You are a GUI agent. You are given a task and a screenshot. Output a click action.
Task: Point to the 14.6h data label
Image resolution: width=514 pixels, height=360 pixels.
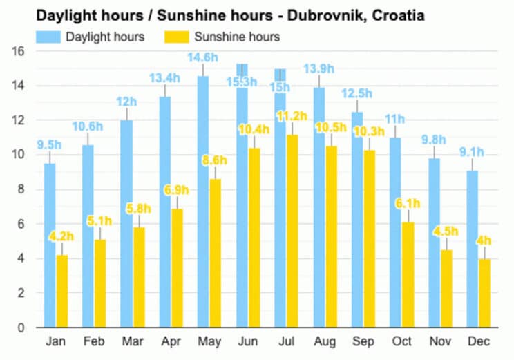coord(204,58)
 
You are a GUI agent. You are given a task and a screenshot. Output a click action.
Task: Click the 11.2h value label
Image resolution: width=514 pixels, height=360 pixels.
coord(292,115)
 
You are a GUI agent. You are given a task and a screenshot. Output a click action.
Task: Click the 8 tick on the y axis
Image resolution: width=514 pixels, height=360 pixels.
coord(21,189)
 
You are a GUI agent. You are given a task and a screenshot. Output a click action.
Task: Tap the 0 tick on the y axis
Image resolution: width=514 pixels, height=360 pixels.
coord(21,328)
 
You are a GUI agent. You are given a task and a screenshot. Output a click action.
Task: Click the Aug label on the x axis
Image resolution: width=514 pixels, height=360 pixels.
coord(326,342)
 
